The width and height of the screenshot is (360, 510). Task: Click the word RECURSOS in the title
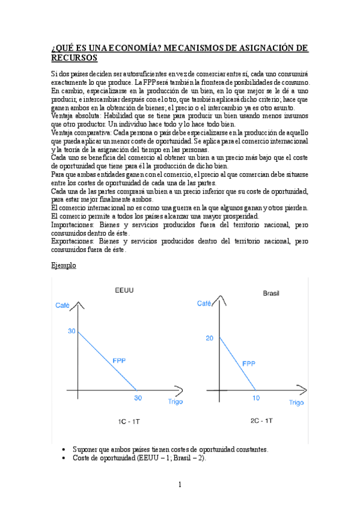74,58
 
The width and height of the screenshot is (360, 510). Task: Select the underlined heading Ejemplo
64,265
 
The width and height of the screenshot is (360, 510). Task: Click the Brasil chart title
272,293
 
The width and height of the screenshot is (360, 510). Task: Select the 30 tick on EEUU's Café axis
72,331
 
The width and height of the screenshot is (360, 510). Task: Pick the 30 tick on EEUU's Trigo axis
138,398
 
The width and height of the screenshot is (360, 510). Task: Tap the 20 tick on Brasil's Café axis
209,338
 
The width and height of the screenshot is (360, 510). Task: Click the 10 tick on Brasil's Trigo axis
256,398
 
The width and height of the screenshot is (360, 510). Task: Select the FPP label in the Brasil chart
249,363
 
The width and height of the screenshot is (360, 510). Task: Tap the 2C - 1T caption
260,422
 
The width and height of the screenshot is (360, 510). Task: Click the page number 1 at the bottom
180,484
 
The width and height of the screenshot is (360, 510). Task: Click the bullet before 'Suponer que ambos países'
64,450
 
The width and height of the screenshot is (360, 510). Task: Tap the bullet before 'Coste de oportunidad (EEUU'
64,458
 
